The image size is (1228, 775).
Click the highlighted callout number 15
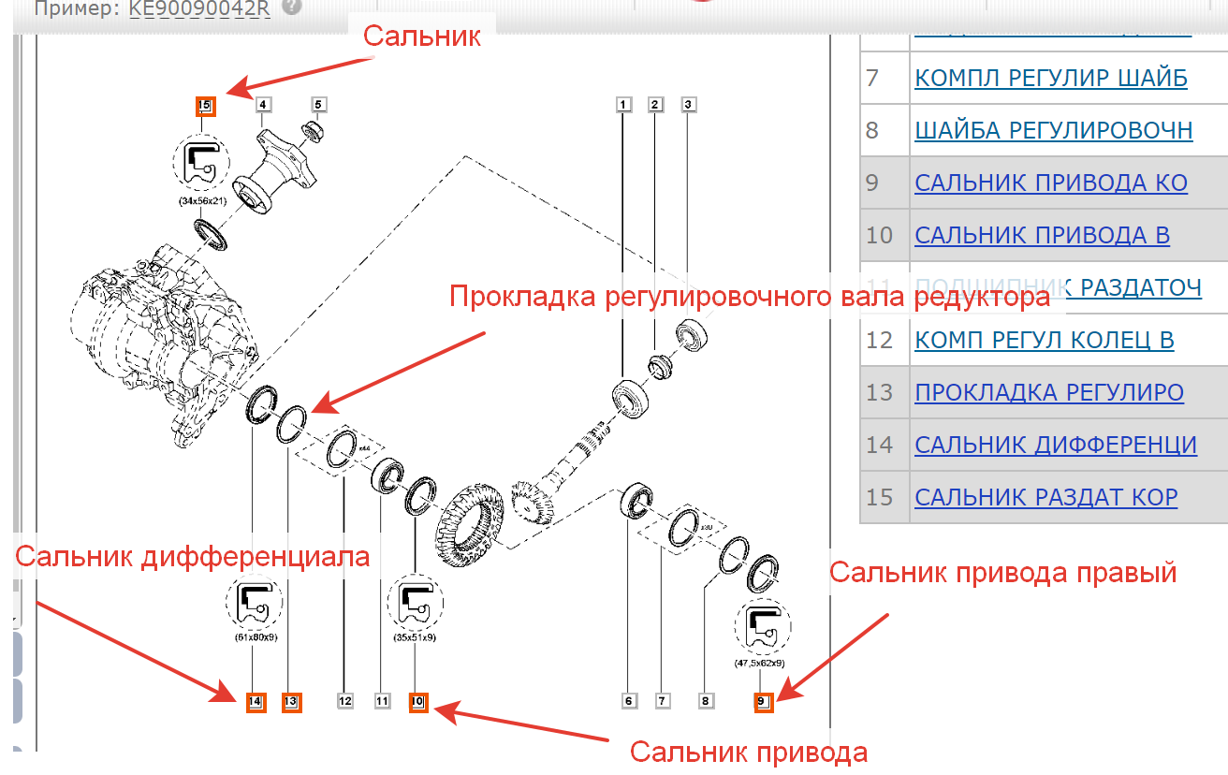tap(205, 106)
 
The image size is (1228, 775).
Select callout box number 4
tap(262, 105)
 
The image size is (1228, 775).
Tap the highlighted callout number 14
tap(256, 701)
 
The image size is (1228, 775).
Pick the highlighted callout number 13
tap(290, 701)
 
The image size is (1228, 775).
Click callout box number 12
tap(345, 700)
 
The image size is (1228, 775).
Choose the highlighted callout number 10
tap(417, 701)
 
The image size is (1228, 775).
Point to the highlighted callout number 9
tap(762, 701)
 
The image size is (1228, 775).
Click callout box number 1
tap(623, 105)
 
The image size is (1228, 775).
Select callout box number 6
tap(629, 700)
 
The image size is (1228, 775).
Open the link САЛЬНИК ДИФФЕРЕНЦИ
tap(1056, 445)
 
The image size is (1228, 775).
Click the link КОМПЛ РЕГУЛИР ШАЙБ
tap(1050, 78)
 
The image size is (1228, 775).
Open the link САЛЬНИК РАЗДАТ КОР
tap(1045, 497)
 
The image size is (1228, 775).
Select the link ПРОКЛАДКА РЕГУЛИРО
tap(1049, 392)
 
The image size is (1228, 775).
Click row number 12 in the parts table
tap(880, 340)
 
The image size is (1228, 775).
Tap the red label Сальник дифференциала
tap(193, 557)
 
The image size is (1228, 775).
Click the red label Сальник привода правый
tap(1002, 572)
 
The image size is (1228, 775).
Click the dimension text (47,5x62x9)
tap(759, 662)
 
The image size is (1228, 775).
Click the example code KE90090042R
tap(200, 8)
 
